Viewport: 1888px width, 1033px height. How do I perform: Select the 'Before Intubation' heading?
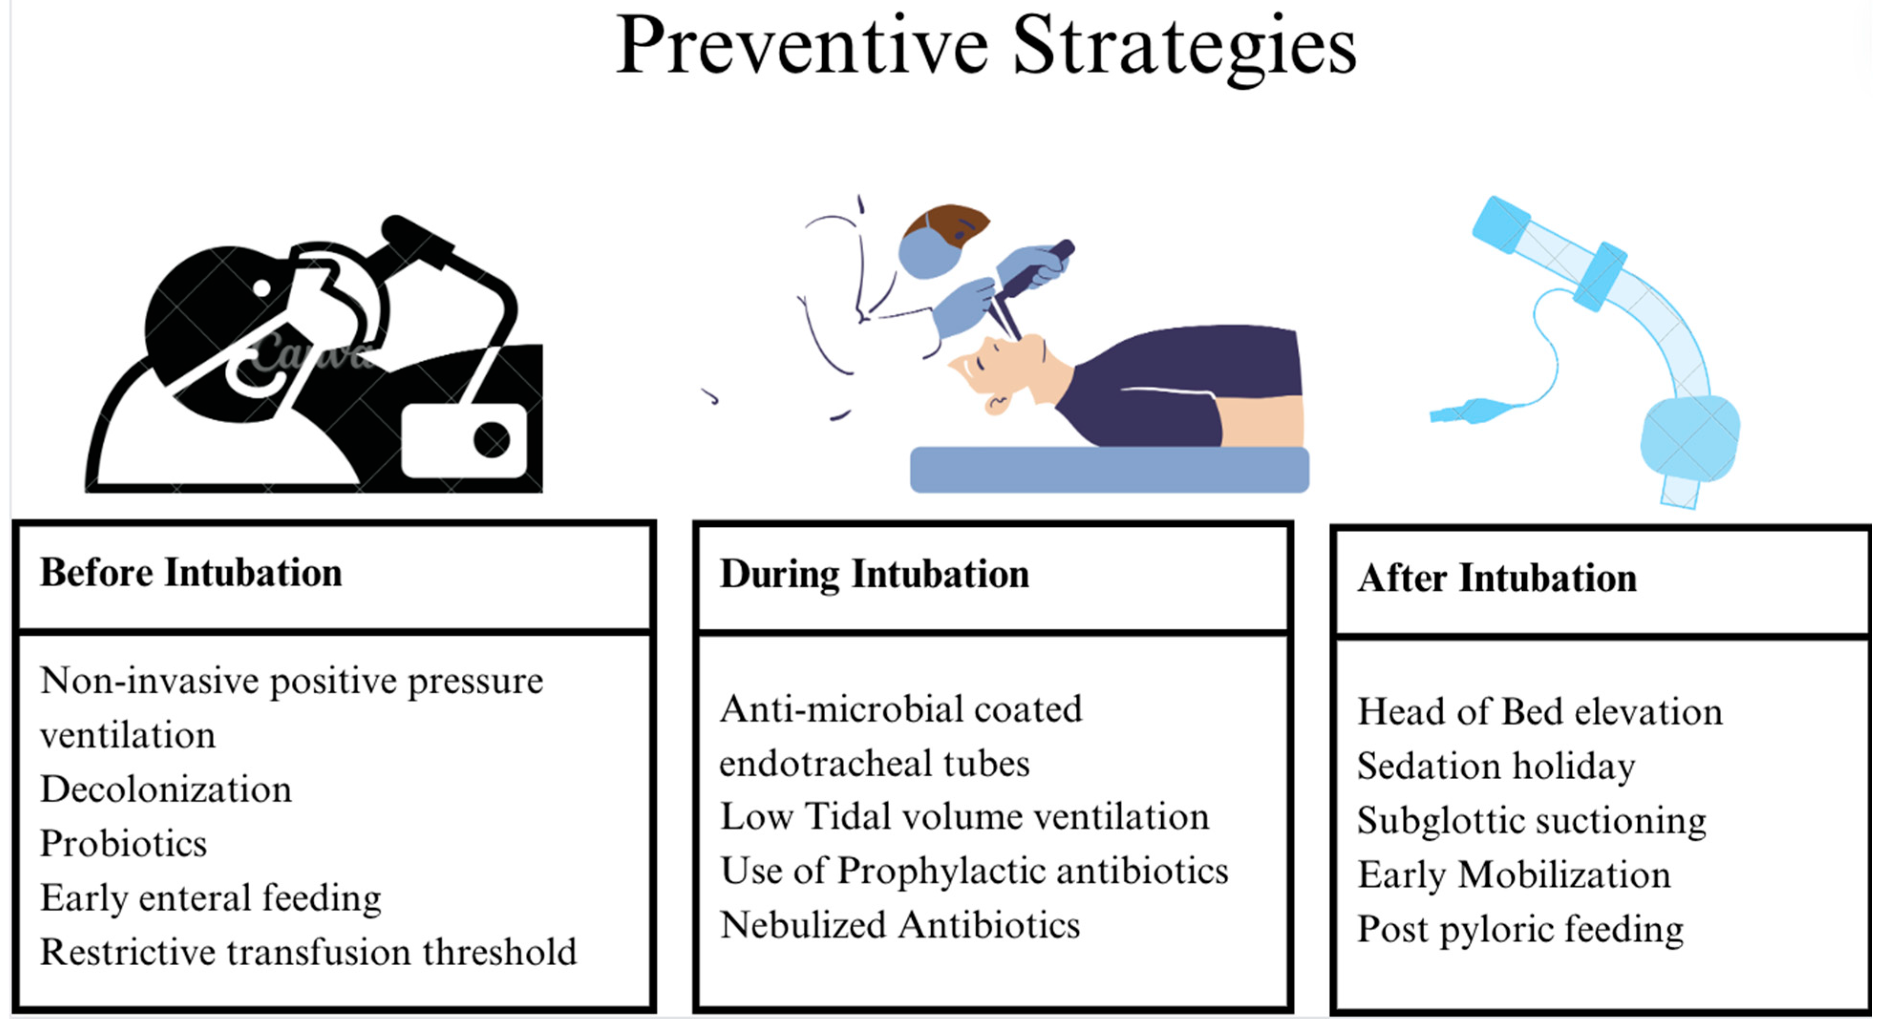coord(191,573)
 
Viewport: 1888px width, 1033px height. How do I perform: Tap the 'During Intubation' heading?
coord(874,574)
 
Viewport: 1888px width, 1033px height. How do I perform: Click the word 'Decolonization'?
coord(166,790)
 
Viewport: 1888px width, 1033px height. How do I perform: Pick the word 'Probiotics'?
coord(123,844)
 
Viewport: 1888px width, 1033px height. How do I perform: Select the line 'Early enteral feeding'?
coord(211,898)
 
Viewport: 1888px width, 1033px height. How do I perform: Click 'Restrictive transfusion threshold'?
coord(308,952)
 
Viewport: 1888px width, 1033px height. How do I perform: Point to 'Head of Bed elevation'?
coord(1539,712)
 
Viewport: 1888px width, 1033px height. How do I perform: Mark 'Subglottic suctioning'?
coord(1531,821)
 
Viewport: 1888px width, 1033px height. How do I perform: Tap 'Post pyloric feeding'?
coord(1520,929)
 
